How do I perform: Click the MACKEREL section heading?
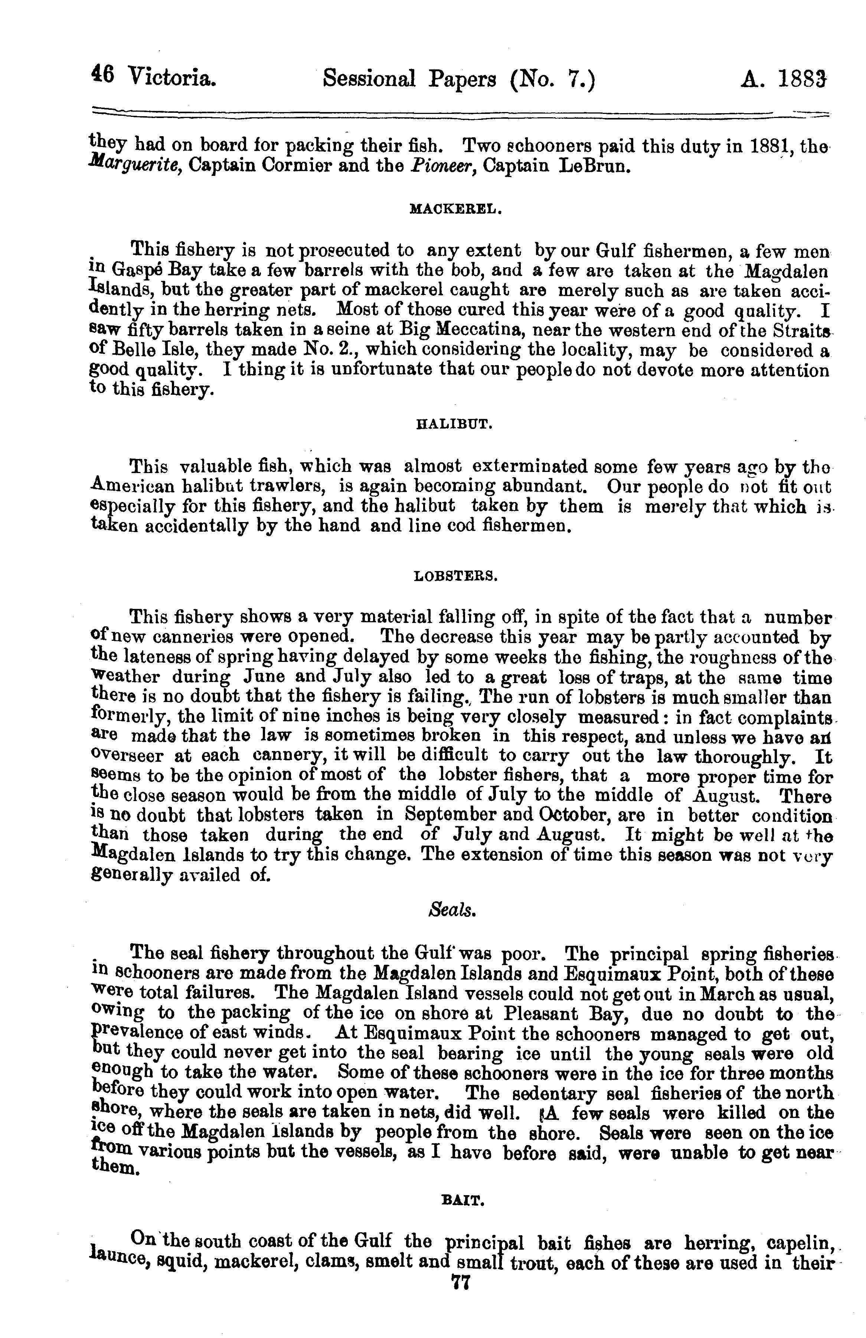(x=455, y=210)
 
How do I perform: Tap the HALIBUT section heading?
(x=454, y=425)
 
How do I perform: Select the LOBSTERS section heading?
(x=455, y=576)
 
